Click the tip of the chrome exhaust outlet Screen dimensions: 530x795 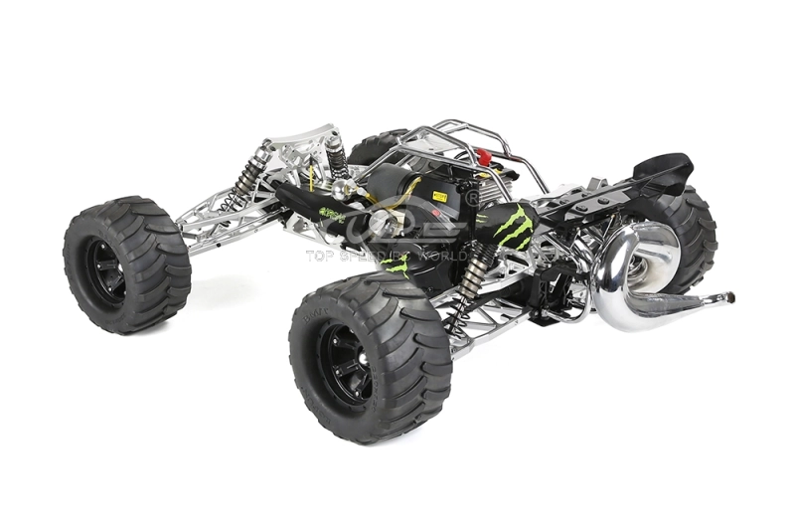[x=729, y=297]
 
